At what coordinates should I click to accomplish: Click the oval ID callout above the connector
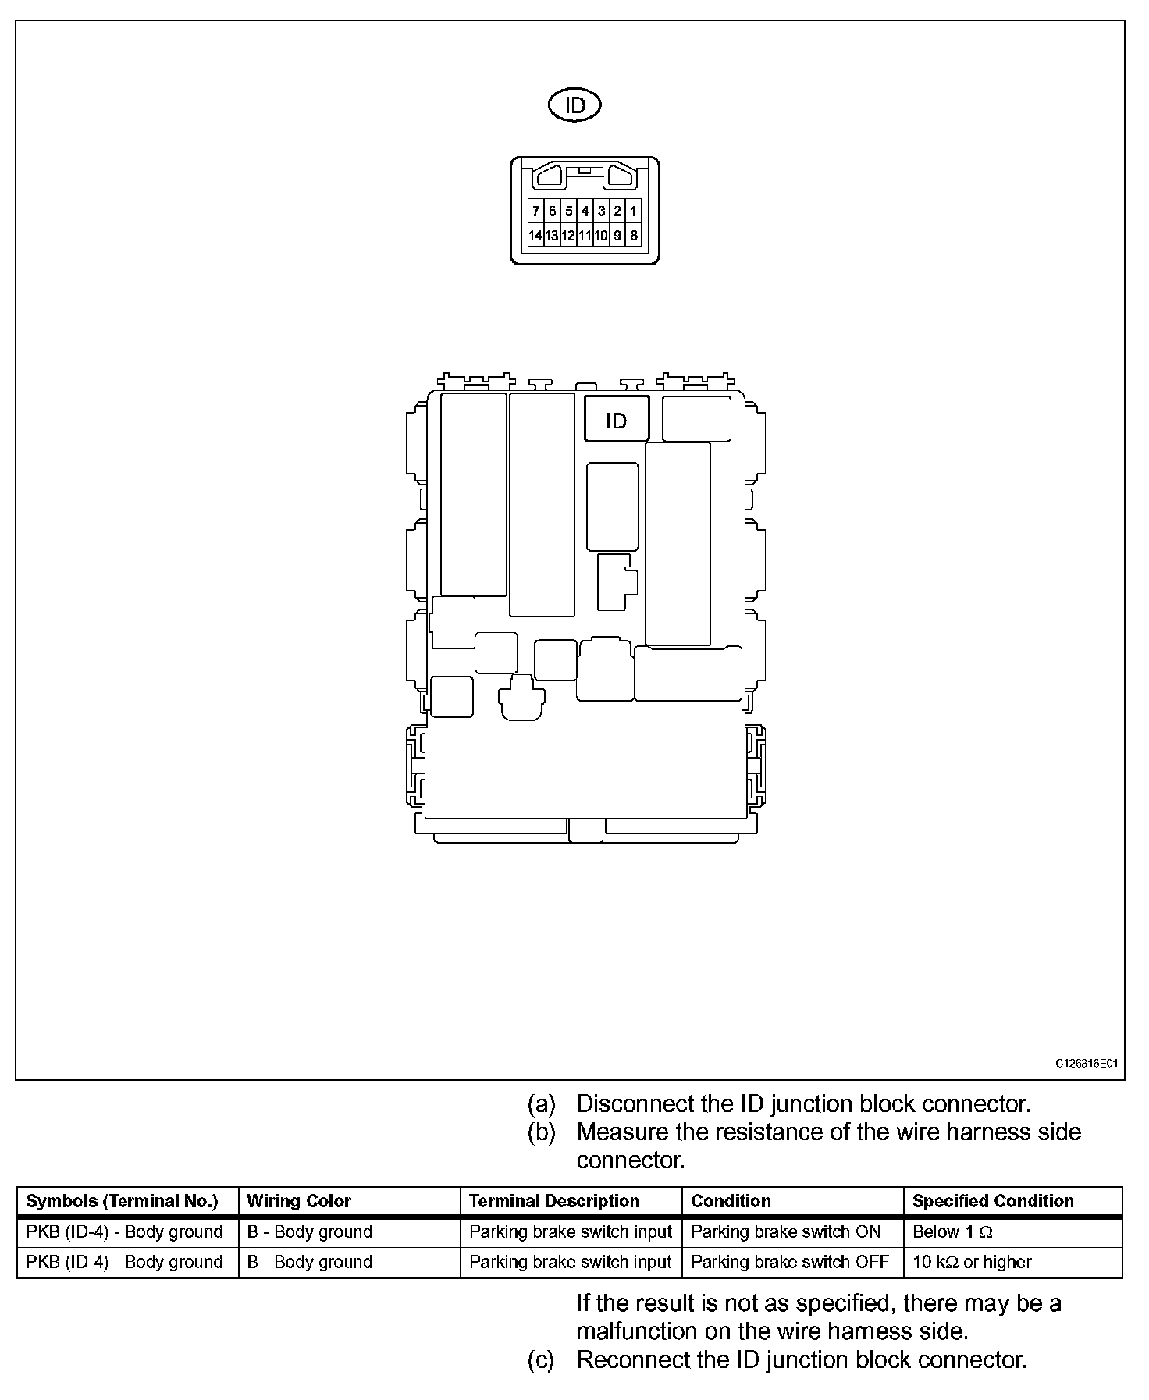point(574,105)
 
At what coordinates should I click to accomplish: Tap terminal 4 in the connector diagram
point(585,211)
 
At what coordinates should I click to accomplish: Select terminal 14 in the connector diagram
point(535,236)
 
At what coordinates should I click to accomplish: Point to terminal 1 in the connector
point(633,211)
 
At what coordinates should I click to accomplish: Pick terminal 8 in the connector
point(633,236)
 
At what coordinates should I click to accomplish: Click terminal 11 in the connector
point(585,236)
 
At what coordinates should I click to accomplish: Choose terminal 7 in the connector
point(535,211)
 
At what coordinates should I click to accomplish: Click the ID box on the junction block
point(616,421)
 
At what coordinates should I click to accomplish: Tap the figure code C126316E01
point(1087,1063)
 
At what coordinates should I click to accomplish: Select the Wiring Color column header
point(299,1201)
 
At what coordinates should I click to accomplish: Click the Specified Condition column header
point(993,1201)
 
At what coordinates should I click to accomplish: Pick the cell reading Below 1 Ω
point(952,1231)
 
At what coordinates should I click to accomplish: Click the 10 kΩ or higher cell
point(972,1262)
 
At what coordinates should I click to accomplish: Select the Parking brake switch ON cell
point(785,1231)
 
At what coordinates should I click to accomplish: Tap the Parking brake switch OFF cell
point(790,1262)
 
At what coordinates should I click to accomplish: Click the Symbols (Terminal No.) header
point(122,1201)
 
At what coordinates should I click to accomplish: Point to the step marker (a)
point(541,1103)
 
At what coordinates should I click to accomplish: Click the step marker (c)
point(541,1359)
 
